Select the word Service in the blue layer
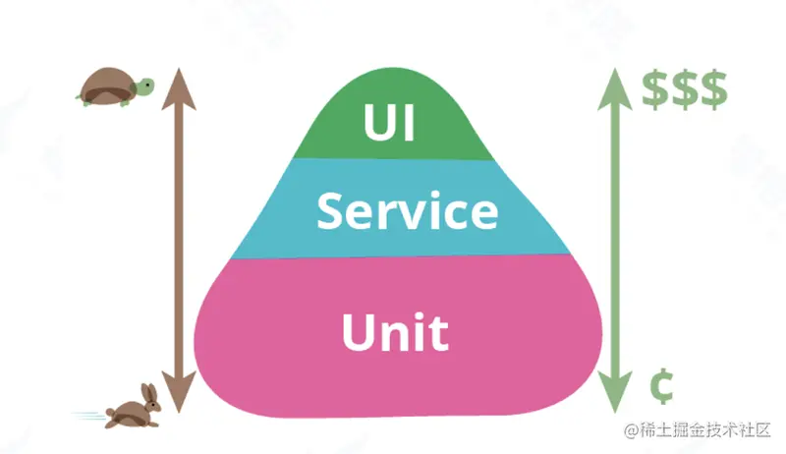tap(407, 211)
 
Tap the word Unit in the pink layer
tap(395, 331)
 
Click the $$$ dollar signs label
tap(685, 89)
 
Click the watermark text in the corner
tap(700, 431)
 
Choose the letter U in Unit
tap(360, 331)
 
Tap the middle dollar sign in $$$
tap(685, 89)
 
